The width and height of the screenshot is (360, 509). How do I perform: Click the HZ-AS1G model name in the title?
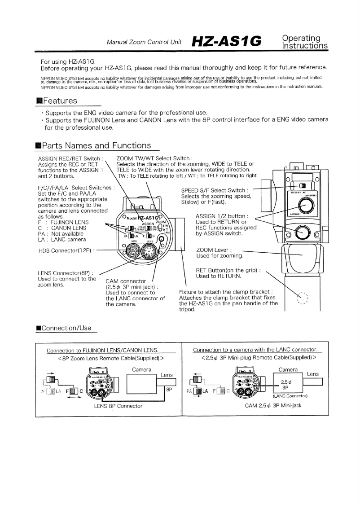click(228, 41)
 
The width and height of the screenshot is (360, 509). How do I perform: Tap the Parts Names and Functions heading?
click(97, 145)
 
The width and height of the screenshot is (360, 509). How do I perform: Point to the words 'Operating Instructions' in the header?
click(305, 41)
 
